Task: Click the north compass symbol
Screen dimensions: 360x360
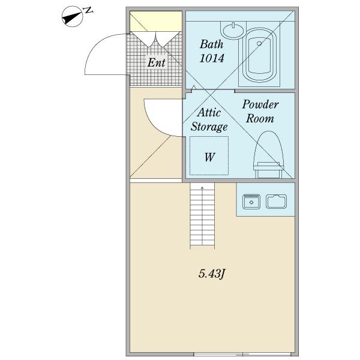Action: (72, 17)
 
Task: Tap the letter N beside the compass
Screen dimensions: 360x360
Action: (88, 10)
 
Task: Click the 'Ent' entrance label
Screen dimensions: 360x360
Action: (157, 62)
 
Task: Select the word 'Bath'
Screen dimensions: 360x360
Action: (211, 44)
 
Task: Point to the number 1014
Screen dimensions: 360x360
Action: (212, 58)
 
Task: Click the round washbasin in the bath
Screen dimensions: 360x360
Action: (233, 31)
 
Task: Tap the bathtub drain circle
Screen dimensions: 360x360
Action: (259, 43)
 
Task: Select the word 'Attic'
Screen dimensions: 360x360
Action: (209, 113)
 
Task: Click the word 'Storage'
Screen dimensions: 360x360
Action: (209, 127)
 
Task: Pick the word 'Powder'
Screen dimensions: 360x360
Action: (260, 104)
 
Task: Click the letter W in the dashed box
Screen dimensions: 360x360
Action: (209, 157)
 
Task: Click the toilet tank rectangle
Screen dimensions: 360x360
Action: (268, 170)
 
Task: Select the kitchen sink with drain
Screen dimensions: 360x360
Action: (251, 202)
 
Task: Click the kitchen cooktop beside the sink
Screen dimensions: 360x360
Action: (277, 202)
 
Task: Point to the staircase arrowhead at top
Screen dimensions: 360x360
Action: (202, 188)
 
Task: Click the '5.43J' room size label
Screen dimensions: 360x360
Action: (211, 274)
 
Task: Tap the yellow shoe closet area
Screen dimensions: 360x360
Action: (156, 21)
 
